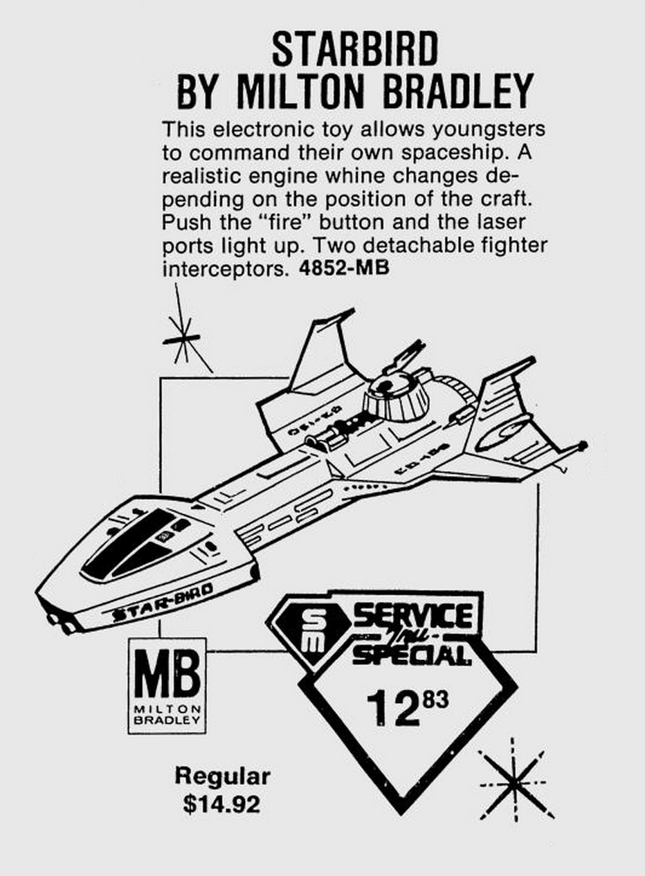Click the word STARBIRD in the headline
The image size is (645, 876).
[x=355, y=50]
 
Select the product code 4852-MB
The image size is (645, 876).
[x=344, y=268]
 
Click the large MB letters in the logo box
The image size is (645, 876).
[x=167, y=675]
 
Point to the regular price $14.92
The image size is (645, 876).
[x=222, y=804]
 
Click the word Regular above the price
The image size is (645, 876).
[x=222, y=776]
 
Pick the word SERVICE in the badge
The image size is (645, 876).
[x=413, y=614]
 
